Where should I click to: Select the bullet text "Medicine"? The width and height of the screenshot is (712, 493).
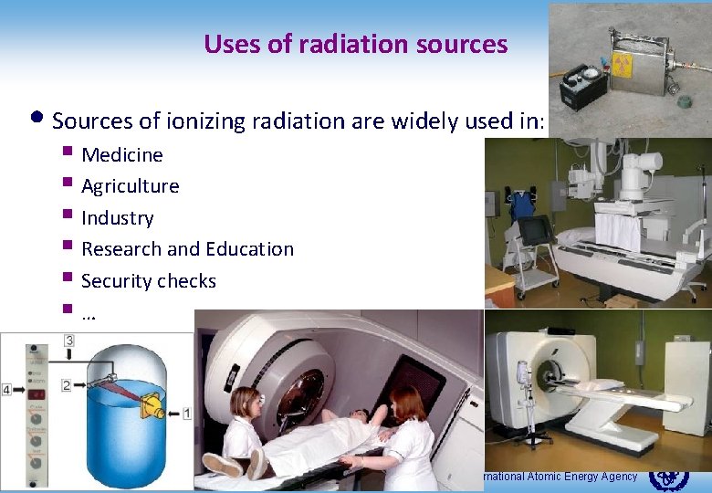tap(121, 155)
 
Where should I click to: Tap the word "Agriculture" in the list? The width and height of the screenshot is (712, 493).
tap(130, 186)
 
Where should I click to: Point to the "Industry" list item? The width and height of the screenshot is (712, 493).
tap(117, 218)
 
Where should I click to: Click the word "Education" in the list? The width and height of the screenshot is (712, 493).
tap(251, 249)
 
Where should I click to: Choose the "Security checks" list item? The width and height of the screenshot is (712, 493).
tap(148, 281)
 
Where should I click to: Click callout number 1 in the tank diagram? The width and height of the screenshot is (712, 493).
tap(187, 413)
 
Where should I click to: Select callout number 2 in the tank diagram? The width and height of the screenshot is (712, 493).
tap(66, 385)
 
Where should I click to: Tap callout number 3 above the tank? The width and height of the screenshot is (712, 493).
tap(69, 341)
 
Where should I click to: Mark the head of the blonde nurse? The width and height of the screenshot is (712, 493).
tap(246, 402)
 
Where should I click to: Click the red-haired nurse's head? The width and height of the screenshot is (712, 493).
tap(406, 402)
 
